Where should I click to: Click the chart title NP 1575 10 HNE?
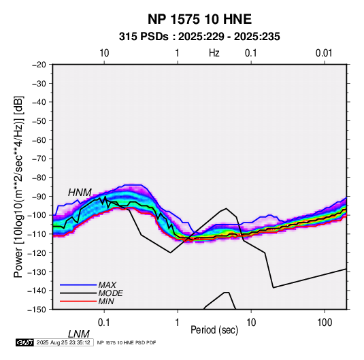click(199, 19)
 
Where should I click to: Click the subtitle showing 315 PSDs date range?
click(199, 37)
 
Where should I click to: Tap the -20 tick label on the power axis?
click(39, 65)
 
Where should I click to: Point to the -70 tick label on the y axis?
click(39, 159)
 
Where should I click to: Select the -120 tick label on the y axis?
click(37, 252)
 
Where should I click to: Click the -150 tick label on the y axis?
click(37, 310)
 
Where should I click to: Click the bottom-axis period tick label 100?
click(325, 323)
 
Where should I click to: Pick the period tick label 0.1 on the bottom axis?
click(104, 323)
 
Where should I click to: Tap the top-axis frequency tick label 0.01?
click(324, 53)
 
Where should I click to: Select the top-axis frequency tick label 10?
click(104, 53)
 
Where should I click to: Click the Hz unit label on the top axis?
click(214, 53)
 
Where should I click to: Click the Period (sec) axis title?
click(214, 330)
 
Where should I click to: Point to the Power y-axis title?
click(18, 187)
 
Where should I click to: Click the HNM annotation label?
click(80, 193)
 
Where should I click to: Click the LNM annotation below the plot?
click(79, 334)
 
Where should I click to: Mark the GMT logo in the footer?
click(25, 342)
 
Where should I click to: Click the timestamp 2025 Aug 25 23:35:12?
click(63, 342)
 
